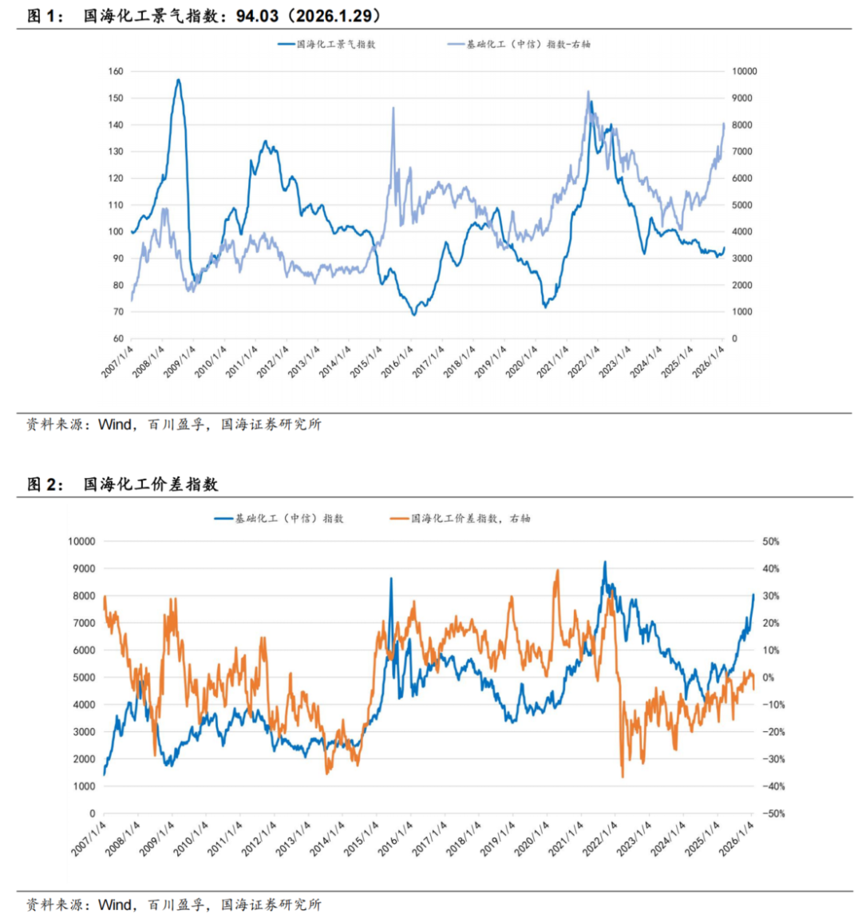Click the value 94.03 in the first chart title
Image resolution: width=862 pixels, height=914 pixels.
click(x=259, y=16)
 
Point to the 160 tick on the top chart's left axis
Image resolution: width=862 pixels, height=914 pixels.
click(x=115, y=71)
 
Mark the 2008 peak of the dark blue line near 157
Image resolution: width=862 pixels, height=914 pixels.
click(x=178, y=80)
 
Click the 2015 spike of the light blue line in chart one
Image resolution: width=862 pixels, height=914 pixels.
click(x=393, y=108)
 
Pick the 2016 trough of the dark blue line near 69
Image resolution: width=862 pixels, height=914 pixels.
click(x=413, y=315)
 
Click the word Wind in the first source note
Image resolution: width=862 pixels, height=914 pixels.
click(x=114, y=425)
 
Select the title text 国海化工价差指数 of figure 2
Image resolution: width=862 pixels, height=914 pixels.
click(x=151, y=484)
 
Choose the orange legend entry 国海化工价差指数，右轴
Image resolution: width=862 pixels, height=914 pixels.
click(x=470, y=519)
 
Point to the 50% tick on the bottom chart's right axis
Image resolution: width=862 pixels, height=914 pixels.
click(x=772, y=541)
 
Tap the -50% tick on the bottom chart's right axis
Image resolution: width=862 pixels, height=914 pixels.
click(x=770, y=813)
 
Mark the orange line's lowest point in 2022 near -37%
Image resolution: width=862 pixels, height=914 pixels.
click(x=623, y=776)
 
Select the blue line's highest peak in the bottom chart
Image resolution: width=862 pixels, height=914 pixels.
click(x=605, y=562)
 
